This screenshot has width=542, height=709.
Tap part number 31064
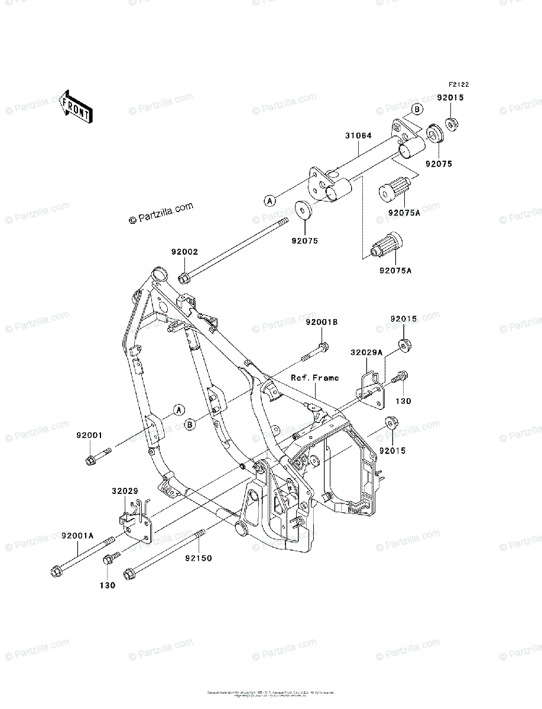click(x=359, y=135)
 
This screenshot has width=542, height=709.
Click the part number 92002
click(x=184, y=252)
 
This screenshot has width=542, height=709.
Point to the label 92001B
click(x=322, y=323)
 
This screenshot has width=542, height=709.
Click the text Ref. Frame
click(x=314, y=378)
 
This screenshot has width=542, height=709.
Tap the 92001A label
click(x=77, y=535)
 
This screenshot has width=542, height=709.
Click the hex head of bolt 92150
click(x=130, y=574)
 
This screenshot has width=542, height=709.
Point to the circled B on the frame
click(x=190, y=424)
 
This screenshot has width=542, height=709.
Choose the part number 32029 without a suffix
click(x=125, y=491)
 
